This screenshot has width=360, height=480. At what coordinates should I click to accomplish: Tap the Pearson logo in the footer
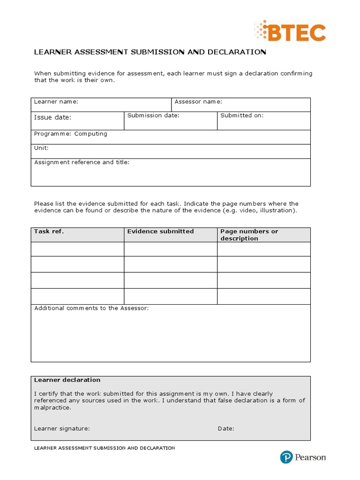[x=303, y=457]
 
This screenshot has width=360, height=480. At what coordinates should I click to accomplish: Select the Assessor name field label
[x=198, y=102]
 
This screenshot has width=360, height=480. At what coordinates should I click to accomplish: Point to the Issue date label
[x=52, y=118]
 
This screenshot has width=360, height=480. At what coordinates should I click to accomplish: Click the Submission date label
[x=153, y=115]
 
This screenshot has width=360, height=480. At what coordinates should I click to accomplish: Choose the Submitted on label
[x=242, y=115]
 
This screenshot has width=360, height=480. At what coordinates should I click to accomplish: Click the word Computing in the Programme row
[x=91, y=134]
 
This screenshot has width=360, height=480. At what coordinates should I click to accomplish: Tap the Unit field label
[x=41, y=148]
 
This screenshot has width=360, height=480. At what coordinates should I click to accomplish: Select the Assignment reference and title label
[x=82, y=162]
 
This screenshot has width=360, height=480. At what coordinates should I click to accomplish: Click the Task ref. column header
[x=49, y=232]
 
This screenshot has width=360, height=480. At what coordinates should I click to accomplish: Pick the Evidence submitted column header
[x=160, y=232]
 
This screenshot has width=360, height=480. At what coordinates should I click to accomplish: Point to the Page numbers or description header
[x=249, y=235]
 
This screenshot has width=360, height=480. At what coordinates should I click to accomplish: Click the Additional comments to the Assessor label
[x=91, y=308]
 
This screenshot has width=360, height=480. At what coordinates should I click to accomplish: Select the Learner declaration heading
[x=67, y=380]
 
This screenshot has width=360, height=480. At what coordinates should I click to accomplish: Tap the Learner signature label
[x=62, y=428]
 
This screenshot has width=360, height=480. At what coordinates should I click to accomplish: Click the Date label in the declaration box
[x=226, y=428]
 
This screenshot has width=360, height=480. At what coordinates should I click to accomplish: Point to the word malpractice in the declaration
[x=52, y=408]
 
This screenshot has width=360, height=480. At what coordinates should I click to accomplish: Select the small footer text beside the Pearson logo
[x=105, y=448]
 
